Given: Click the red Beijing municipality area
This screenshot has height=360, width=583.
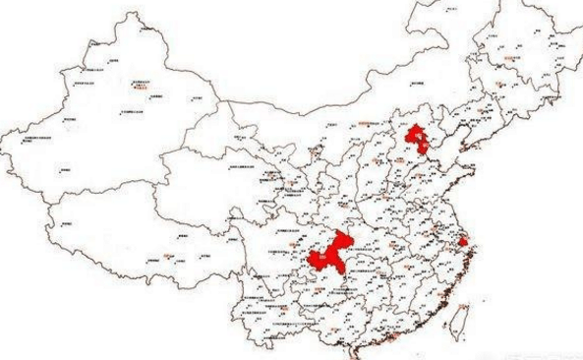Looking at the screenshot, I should coord(417,134).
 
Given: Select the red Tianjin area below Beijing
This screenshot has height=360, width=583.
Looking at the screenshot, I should coord(425,150).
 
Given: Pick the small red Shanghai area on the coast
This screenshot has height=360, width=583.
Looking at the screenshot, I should coord(463,241).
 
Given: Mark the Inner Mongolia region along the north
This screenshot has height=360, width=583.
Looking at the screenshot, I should coord(324,118).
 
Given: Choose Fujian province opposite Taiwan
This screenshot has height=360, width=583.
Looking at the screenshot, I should coord(433,295).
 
